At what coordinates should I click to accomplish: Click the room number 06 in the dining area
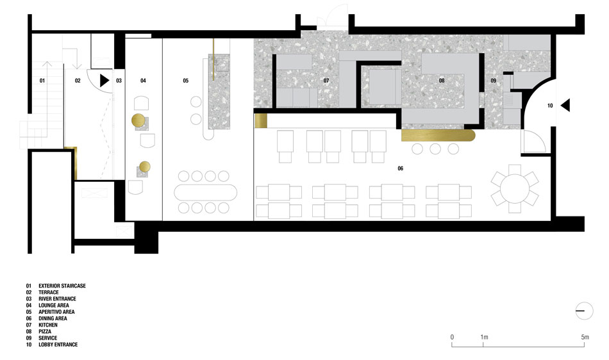pyautogui.click(x=401, y=168)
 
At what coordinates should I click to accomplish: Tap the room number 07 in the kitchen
pyautogui.click(x=326, y=81)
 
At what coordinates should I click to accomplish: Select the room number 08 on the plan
pyautogui.click(x=442, y=81)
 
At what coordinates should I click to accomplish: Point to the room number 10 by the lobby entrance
pyautogui.click(x=550, y=106)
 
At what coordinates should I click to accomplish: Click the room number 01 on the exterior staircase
pyautogui.click(x=42, y=81)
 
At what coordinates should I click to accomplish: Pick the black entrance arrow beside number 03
pyautogui.click(x=104, y=81)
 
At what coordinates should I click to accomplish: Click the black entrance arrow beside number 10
pyautogui.click(x=565, y=105)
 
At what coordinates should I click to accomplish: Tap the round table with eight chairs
pyautogui.click(x=515, y=188)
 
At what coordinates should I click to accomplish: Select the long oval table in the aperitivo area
pyautogui.click(x=206, y=192)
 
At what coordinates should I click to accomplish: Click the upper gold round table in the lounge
pyautogui.click(x=138, y=120)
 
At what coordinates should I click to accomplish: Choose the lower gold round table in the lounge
pyautogui.click(x=144, y=167)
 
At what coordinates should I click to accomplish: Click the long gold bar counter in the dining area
pyautogui.click(x=438, y=135)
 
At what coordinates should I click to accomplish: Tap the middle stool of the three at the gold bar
pyautogui.click(x=435, y=149)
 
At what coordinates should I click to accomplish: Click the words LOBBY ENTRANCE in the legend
pyautogui.click(x=58, y=345)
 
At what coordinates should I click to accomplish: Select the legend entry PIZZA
pyautogui.click(x=45, y=332)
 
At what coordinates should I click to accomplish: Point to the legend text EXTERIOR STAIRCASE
pyautogui.click(x=62, y=286)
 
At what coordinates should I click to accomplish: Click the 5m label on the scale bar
pyautogui.click(x=585, y=337)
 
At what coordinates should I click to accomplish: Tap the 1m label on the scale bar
pyautogui.click(x=484, y=337)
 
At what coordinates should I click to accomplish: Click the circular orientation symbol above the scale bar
pyautogui.click(x=584, y=311)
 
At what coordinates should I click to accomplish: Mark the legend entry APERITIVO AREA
pyautogui.click(x=56, y=312)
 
